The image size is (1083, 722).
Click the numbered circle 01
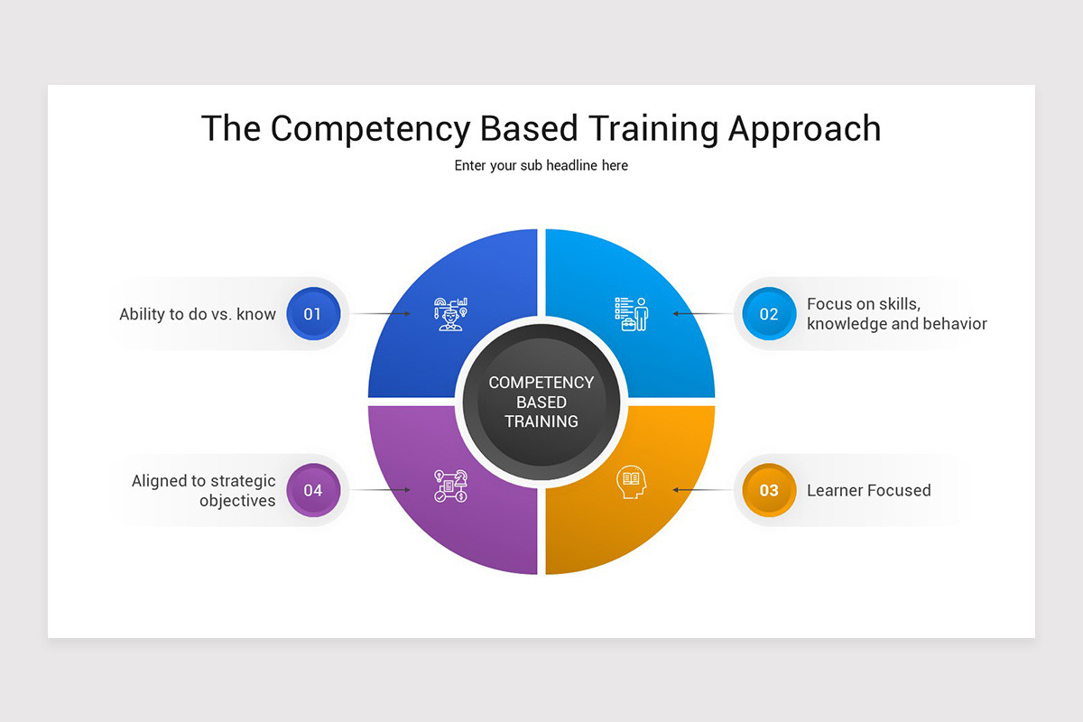pos(313,314)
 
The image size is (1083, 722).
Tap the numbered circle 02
pos(769,314)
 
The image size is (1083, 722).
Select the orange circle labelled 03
pos(769,490)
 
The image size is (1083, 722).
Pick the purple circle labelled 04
pos(313,490)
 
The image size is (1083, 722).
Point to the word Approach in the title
pos(804,128)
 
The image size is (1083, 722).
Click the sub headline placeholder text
pos(541,165)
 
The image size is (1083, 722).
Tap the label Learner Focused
pos(868,490)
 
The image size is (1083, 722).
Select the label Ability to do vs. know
pos(198,314)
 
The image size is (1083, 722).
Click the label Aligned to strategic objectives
pos(204,490)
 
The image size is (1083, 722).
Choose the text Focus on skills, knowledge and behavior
pos(896,314)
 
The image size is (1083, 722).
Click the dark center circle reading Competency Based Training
pos(541,402)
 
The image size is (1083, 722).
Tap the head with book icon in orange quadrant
pos(631,483)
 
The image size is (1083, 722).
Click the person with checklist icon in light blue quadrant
pos(631,313)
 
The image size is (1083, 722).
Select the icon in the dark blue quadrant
pos(450,313)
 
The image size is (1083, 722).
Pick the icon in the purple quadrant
pos(450,486)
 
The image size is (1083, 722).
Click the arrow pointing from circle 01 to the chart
pos(380,314)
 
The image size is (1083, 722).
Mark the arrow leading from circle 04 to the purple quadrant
pos(380,490)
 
